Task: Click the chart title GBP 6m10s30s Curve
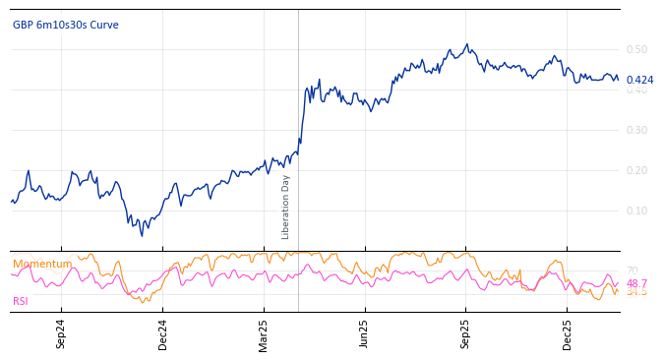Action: [x=66, y=25]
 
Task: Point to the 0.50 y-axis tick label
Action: [x=636, y=49]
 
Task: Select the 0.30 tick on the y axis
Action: [x=636, y=130]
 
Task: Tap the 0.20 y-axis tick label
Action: [x=636, y=170]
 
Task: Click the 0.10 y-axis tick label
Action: [x=636, y=210]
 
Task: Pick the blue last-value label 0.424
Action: [x=639, y=81]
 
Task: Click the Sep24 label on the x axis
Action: [x=61, y=333]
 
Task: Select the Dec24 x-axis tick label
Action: [x=162, y=333]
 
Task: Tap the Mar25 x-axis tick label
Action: [x=264, y=333]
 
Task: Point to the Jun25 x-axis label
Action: [x=365, y=333]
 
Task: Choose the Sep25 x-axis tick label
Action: [x=466, y=333]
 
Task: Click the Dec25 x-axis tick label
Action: [x=568, y=333]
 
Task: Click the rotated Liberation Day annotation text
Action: [x=286, y=207]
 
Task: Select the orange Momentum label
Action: [x=42, y=264]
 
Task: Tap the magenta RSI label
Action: [x=21, y=301]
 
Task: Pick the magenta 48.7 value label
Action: [x=636, y=283]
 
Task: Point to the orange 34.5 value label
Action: [x=636, y=292]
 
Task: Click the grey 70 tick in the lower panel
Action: [x=632, y=270]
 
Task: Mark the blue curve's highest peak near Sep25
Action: [x=467, y=44]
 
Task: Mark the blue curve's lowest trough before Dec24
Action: [x=142, y=235]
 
